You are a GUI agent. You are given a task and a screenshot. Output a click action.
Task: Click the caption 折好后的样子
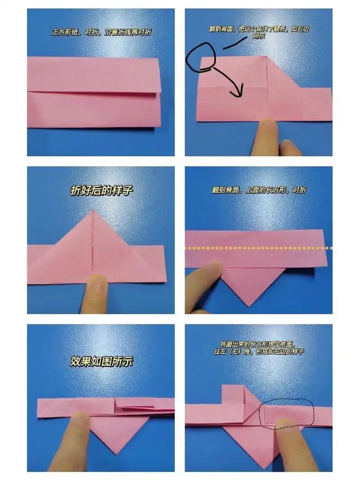tap(102, 191)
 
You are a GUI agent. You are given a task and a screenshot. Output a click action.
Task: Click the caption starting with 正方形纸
tap(101, 32)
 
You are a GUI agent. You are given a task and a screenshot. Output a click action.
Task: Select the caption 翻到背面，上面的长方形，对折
tap(259, 190)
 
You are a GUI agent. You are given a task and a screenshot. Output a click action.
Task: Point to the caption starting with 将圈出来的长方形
tap(259, 347)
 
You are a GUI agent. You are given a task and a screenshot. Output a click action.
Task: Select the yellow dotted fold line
tap(258, 248)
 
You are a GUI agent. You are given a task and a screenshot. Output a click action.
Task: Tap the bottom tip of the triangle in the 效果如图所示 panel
tap(115, 453)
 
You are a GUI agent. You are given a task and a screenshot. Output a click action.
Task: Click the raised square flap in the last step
tap(234, 396)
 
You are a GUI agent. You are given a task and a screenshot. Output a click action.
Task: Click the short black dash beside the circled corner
tap(234, 44)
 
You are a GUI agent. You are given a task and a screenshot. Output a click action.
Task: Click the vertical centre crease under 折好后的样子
tap(93, 243)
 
